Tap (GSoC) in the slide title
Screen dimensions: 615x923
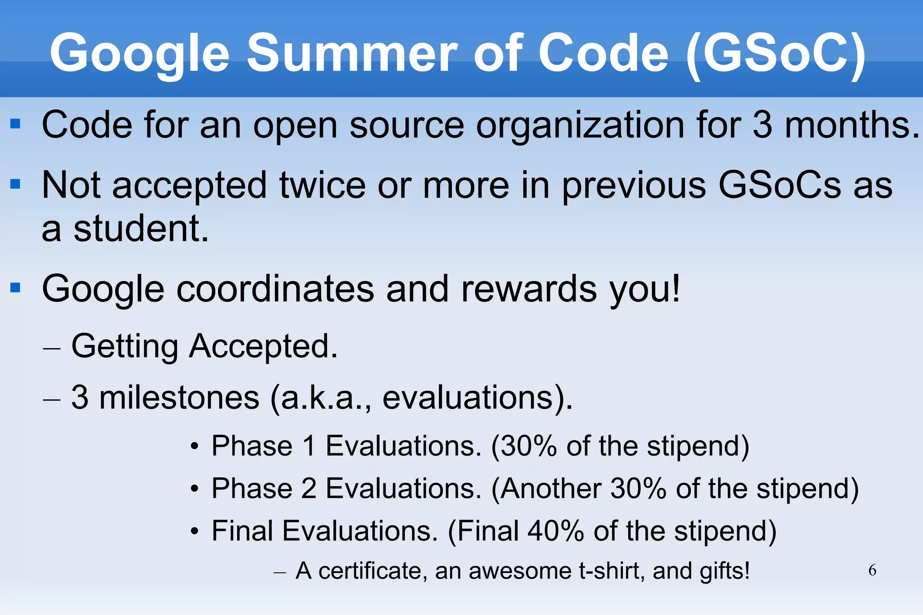coord(775,54)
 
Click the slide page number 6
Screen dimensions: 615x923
coord(872,570)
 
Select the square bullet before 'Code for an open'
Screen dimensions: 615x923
coord(15,123)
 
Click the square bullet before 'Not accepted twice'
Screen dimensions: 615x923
coord(15,184)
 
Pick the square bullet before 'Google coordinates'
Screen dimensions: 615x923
coord(15,287)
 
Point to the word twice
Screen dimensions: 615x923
coord(322,186)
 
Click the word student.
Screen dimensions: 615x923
coord(141,229)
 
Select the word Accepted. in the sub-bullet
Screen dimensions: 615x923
coord(263,346)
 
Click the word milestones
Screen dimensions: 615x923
coord(179,397)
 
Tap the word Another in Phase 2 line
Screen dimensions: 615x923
coord(550,488)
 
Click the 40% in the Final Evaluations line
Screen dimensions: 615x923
coord(556,531)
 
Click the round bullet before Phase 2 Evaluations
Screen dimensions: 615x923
coord(194,489)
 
